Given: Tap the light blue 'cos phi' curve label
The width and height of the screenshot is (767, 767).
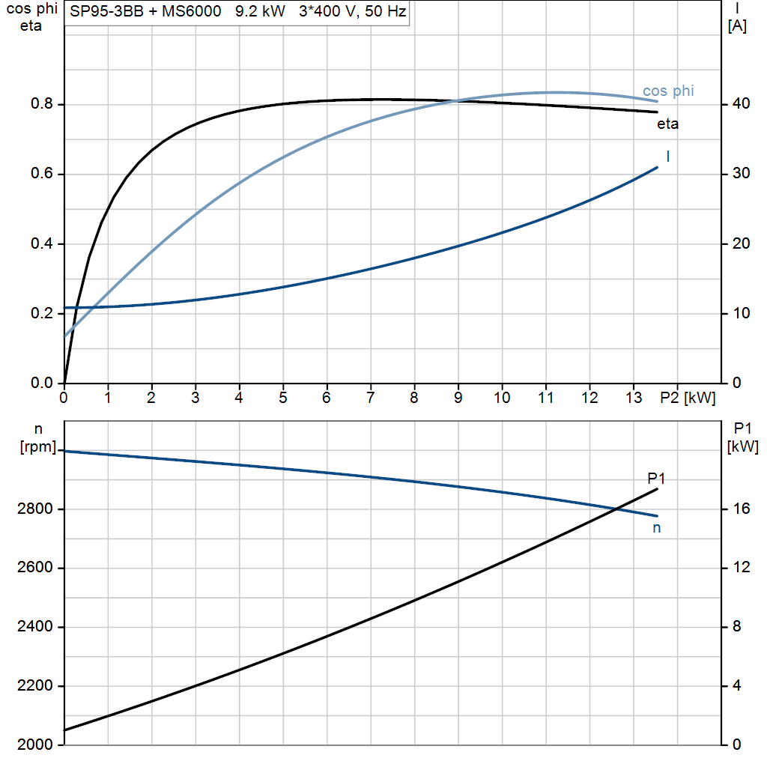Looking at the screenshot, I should tap(668, 91).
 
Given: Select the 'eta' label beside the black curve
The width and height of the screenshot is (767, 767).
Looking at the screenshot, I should tap(667, 124).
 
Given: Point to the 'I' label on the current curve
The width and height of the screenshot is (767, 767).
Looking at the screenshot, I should tap(667, 156).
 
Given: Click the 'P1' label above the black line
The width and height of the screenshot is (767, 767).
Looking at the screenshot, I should tap(656, 479).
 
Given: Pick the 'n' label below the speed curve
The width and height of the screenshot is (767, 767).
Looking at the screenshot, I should tap(657, 528).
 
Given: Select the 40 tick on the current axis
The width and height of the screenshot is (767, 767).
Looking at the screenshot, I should tap(739, 104).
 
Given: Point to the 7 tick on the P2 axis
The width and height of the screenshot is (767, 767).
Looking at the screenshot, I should tap(371, 398).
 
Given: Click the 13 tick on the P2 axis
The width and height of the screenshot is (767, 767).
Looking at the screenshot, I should tap(634, 398).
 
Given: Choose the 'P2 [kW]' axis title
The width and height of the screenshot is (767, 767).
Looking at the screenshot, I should tap(688, 398).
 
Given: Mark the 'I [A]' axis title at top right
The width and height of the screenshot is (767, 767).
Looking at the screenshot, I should tap(737, 18).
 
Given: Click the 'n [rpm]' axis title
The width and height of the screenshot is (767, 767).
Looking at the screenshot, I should tap(34, 438).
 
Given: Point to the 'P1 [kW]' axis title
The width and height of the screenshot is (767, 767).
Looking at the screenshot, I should tap(742, 438).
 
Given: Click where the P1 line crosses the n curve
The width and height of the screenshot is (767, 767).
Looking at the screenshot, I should tap(616, 509).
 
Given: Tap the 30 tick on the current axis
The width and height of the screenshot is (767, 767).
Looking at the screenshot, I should tap(739, 174).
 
